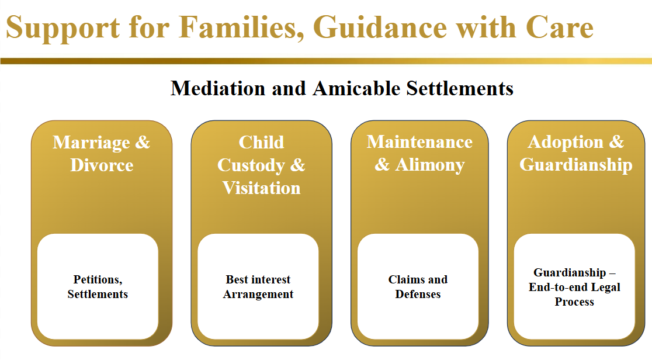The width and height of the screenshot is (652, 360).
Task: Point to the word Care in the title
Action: pos(560,27)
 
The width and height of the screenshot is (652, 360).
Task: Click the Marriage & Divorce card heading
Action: pos(102,154)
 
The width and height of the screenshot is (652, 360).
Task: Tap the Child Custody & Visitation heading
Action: pos(261,165)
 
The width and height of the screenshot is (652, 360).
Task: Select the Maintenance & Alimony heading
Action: pos(419,154)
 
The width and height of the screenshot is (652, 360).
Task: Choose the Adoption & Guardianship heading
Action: pos(575,154)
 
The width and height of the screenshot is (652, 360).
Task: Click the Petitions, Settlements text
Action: pos(98,286)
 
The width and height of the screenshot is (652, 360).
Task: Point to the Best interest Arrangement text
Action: pos(258,286)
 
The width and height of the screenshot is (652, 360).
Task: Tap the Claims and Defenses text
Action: pos(418,286)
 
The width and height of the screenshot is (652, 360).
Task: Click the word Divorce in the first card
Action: pos(102,165)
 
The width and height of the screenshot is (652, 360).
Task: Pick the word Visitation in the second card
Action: pos(261,188)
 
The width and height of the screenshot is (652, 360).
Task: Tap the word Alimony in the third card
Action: pos(430,165)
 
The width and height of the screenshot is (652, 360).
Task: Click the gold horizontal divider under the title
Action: pos(326,61)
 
